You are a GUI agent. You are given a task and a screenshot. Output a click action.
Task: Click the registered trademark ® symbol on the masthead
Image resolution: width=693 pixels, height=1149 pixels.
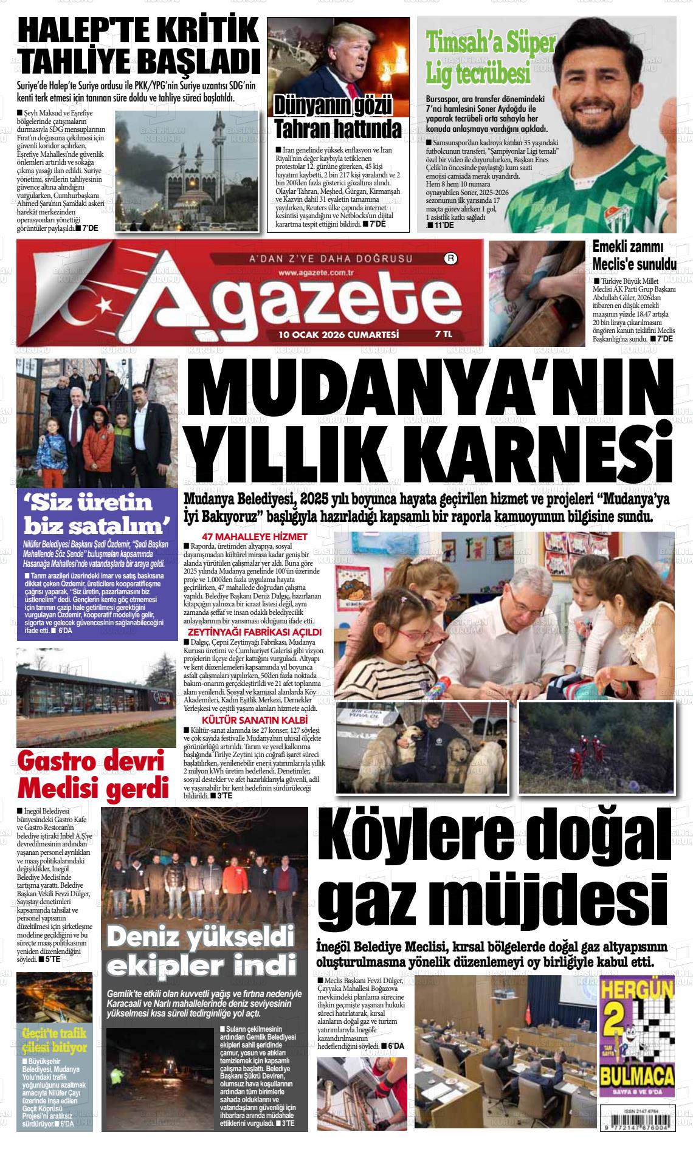coord(452,258)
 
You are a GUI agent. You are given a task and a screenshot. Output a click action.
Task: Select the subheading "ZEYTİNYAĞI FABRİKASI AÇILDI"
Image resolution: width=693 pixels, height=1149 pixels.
coord(253,633)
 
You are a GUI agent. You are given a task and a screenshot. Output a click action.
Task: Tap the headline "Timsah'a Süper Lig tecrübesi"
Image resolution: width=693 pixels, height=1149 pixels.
coord(491,59)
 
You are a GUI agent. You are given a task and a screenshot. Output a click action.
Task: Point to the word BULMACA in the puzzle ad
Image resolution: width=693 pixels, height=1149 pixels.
coord(637,1077)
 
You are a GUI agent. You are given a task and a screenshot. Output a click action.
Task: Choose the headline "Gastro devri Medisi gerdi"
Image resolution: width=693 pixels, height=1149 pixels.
coord(92,775)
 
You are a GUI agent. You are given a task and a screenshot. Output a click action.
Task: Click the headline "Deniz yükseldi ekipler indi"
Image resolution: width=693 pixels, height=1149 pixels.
coord(201,953)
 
